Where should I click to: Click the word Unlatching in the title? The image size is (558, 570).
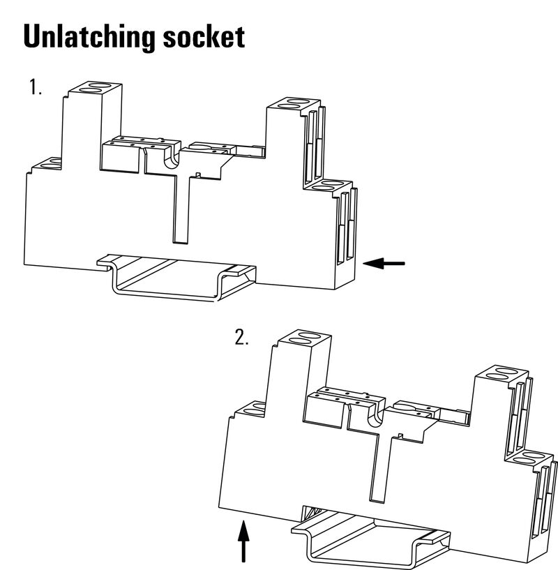(89, 37)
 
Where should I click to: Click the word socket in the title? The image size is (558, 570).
(204, 36)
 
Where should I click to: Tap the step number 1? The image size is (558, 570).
(35, 87)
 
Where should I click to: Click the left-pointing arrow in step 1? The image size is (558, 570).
(384, 263)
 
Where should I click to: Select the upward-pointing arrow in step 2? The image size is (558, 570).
(243, 541)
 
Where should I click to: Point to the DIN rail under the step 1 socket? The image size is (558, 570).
(176, 278)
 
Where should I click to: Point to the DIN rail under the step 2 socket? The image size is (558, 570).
(370, 538)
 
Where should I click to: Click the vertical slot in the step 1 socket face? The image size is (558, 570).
(181, 209)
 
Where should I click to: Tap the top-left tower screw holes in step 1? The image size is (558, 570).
(95, 88)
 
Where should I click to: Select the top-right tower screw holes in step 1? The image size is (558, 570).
(294, 103)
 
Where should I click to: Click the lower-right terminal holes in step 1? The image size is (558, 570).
(329, 185)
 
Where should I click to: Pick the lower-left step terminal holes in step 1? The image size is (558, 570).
(51, 163)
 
